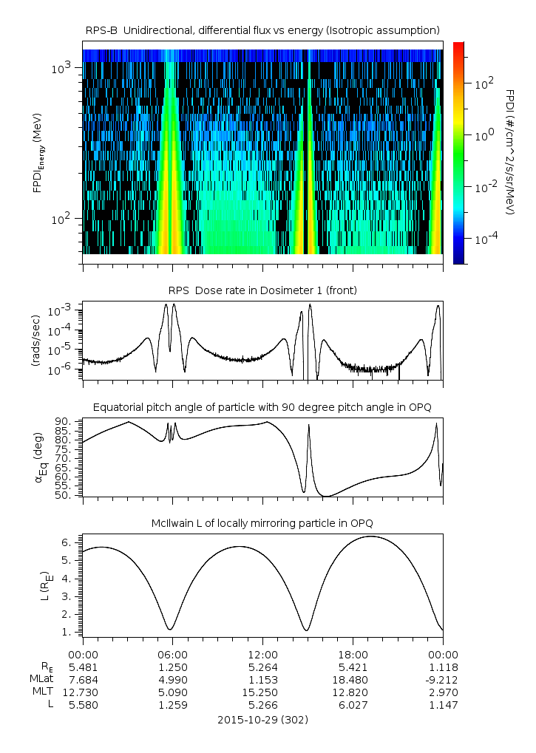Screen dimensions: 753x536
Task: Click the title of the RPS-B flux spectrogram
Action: pyautogui.click(x=262, y=30)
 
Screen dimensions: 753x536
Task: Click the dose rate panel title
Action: pyautogui.click(x=262, y=290)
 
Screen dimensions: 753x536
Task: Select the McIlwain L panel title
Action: pyautogui.click(x=262, y=523)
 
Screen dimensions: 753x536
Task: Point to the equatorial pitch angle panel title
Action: pyautogui.click(x=262, y=407)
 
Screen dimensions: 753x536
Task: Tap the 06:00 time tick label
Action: pyautogui.click(x=172, y=654)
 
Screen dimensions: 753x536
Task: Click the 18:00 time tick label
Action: pyautogui.click(x=353, y=654)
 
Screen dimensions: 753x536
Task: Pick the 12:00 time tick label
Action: pyautogui.click(x=262, y=654)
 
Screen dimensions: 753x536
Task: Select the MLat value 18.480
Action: pyautogui.click(x=353, y=679)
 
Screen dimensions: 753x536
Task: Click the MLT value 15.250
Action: pyautogui.click(x=262, y=692)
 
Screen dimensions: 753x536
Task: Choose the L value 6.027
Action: pyautogui.click(x=353, y=705)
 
